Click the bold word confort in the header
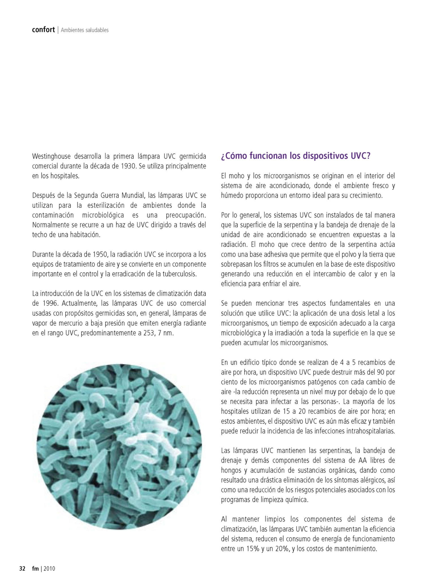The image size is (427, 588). coord(43,30)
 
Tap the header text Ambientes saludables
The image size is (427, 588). coord(85,30)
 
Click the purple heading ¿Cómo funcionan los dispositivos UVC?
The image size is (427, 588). coord(295,156)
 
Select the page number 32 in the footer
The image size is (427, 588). coord(22,568)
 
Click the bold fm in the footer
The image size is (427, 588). coord(35,568)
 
